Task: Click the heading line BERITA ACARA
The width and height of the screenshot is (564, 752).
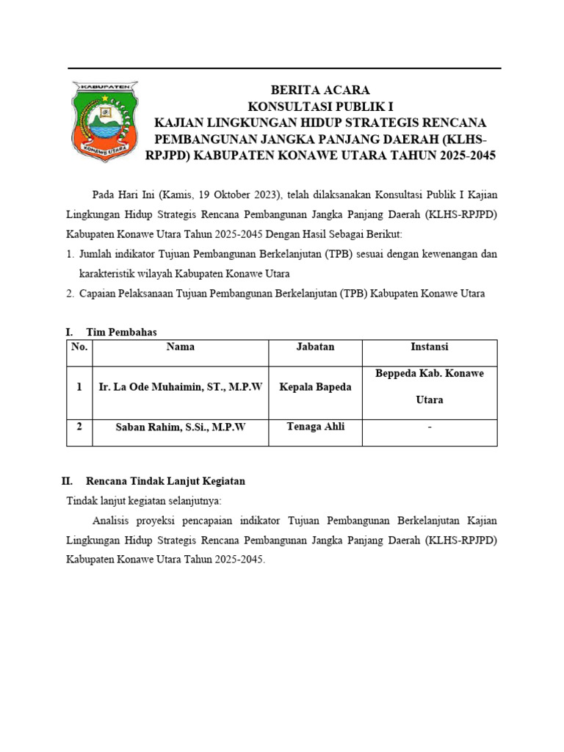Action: [319, 90]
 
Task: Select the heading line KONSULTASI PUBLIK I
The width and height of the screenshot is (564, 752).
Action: [319, 106]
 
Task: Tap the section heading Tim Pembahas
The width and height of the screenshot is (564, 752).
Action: [121, 333]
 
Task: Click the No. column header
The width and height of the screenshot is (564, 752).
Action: [79, 347]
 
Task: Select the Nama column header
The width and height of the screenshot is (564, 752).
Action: [180, 347]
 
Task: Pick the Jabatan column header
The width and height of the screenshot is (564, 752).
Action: [315, 347]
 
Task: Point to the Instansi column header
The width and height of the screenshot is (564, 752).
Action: [430, 347]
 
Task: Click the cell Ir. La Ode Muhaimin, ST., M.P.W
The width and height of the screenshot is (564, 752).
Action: [180, 387]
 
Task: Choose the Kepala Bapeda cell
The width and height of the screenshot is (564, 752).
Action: [315, 387]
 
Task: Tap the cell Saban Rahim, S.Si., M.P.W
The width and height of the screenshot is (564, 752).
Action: [180, 427]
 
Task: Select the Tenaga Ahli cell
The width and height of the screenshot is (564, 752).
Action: [315, 427]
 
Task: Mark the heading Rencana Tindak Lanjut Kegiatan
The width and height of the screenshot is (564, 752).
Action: [165, 481]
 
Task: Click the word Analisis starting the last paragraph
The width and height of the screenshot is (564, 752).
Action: [112, 521]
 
